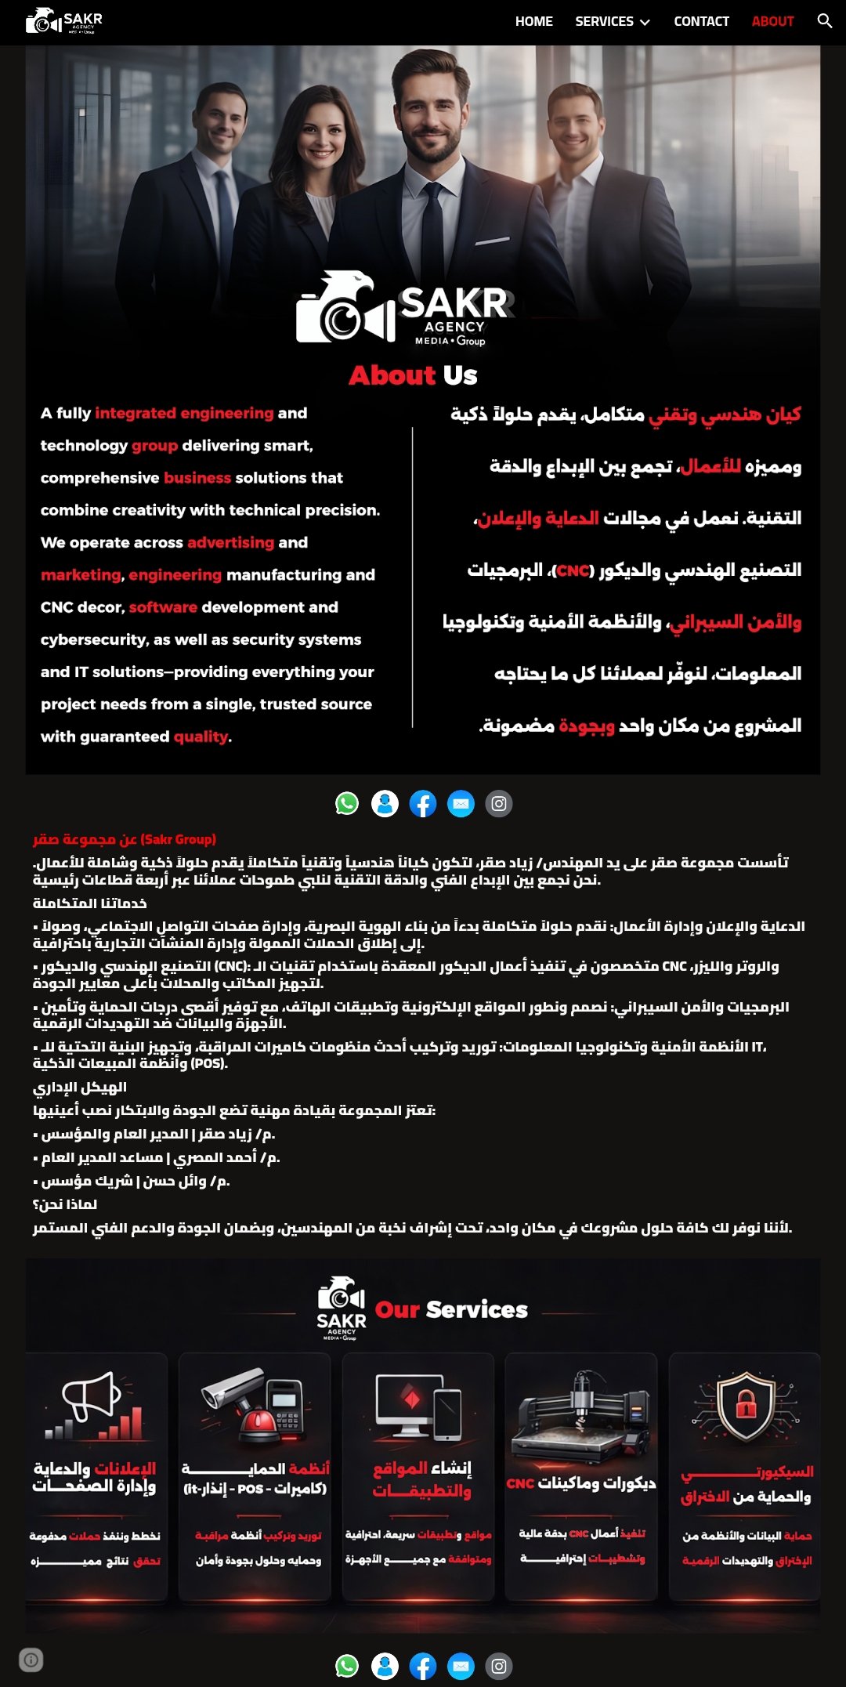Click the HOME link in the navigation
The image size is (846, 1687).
pyautogui.click(x=533, y=21)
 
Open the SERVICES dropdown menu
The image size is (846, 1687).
pyautogui.click(x=613, y=21)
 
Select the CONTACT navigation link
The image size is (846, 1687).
pyautogui.click(x=701, y=21)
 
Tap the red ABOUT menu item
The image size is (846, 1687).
pyautogui.click(x=772, y=21)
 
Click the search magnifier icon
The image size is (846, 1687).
pyautogui.click(x=824, y=21)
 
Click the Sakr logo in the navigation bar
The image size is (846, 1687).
pyautogui.click(x=64, y=21)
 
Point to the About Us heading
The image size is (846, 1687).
pyautogui.click(x=413, y=375)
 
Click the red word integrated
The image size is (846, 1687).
pyautogui.click(x=134, y=413)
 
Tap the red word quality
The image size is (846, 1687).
pyautogui.click(x=201, y=737)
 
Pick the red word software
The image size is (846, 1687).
pyautogui.click(x=163, y=607)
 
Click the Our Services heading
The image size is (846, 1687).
pyautogui.click(x=451, y=1309)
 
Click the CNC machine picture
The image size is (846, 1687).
pyautogui.click(x=580, y=1418)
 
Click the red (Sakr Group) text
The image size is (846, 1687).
pyautogui.click(x=179, y=839)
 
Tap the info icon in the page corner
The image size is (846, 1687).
pyautogui.click(x=31, y=1660)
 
